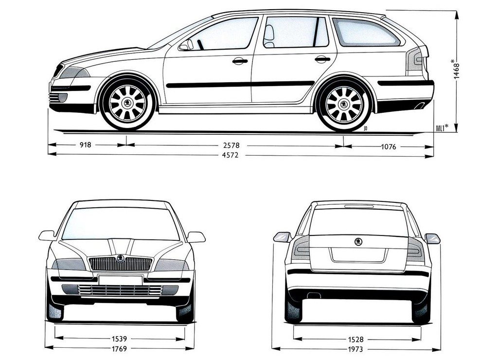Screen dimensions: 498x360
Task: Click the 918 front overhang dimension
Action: tap(85, 145)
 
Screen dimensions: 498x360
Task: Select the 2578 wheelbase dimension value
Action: tap(231, 145)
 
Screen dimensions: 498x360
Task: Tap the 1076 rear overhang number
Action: tap(389, 146)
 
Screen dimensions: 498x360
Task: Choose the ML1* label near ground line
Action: tap(442, 128)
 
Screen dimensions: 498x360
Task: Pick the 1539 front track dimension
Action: tap(120, 339)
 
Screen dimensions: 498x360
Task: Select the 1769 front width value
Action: tap(120, 348)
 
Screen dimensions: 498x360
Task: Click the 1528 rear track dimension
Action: tap(356, 340)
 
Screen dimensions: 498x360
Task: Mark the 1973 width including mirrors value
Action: tap(355, 349)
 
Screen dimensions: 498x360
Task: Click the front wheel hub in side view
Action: tap(127, 103)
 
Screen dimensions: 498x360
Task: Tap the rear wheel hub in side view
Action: tap(344, 104)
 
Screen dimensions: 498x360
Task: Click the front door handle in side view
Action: tap(240, 61)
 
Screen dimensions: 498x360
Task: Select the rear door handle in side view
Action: tap(322, 59)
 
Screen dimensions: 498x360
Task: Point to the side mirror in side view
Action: tap(186, 45)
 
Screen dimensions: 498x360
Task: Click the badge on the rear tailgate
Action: tap(358, 242)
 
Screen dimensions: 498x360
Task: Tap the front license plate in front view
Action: tap(121, 280)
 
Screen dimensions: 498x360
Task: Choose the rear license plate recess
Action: tap(358, 255)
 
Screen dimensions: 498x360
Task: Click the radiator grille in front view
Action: tap(121, 264)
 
